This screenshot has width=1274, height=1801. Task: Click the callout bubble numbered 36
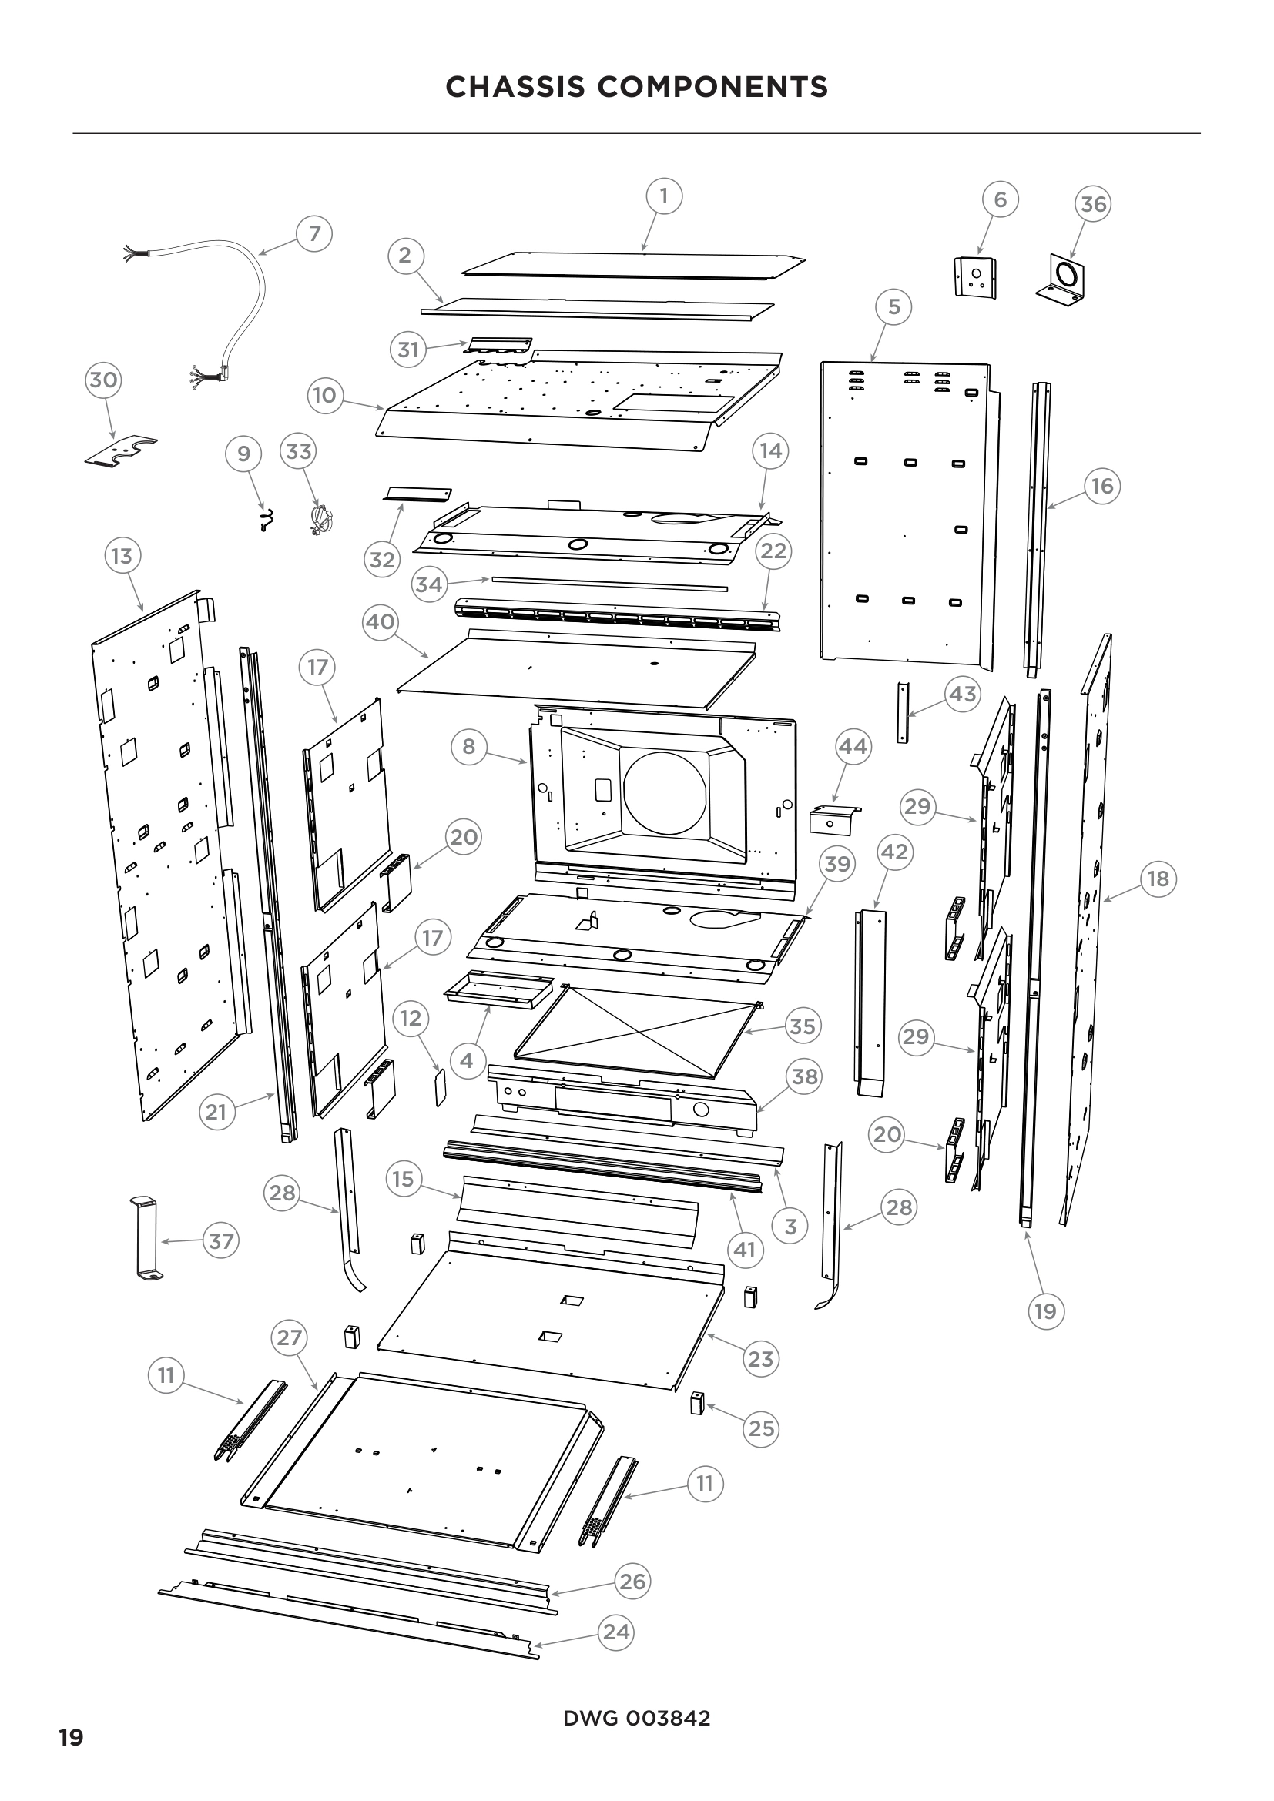coord(1093,205)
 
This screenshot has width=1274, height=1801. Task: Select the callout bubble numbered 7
coord(314,234)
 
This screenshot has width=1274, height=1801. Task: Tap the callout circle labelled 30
coord(102,380)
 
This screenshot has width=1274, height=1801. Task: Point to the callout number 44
coord(853,746)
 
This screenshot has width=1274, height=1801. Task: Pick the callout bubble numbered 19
coord(1045,1311)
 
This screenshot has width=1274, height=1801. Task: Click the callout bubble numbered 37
coord(221,1241)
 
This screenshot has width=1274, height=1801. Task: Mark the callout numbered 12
coord(411,1018)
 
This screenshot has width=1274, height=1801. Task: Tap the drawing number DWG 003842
coord(636,1719)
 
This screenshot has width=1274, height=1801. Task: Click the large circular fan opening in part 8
coord(664,793)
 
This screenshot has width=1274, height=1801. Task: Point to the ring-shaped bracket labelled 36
coord(1068,280)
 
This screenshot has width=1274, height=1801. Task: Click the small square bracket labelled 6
coord(976,277)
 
